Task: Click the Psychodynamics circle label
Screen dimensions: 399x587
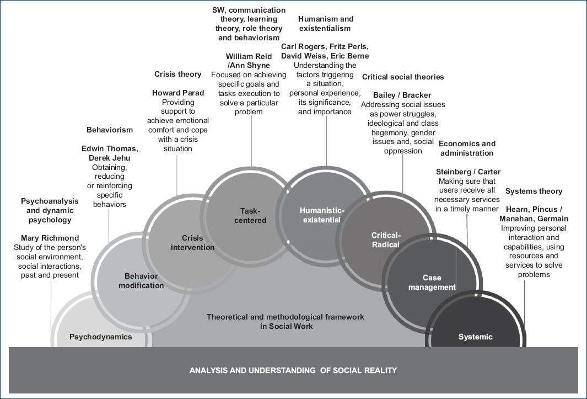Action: pos(100,337)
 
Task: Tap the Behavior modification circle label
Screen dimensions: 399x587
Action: pos(141,281)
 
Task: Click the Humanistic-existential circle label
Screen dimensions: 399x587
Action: pos(322,215)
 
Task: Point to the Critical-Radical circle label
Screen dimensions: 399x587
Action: pos(386,240)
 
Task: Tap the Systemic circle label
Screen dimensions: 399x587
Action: pos(475,337)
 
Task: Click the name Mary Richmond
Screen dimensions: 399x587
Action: pos(50,238)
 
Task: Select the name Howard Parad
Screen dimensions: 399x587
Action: pos(178,93)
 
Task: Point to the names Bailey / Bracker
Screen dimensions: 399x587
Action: pos(402,95)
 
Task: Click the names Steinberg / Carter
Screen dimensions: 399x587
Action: pos(468,172)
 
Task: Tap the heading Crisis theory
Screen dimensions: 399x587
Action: pos(178,74)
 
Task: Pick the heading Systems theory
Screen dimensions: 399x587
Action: pos(534,191)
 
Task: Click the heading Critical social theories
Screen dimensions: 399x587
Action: pos(403,77)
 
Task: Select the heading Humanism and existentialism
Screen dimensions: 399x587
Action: pos(325,24)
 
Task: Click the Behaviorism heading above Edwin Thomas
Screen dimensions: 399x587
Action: pos(110,130)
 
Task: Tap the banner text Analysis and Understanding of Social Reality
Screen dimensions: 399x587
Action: pos(293,370)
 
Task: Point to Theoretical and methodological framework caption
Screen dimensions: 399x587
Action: pos(286,321)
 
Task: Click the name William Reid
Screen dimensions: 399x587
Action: pos(249,56)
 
